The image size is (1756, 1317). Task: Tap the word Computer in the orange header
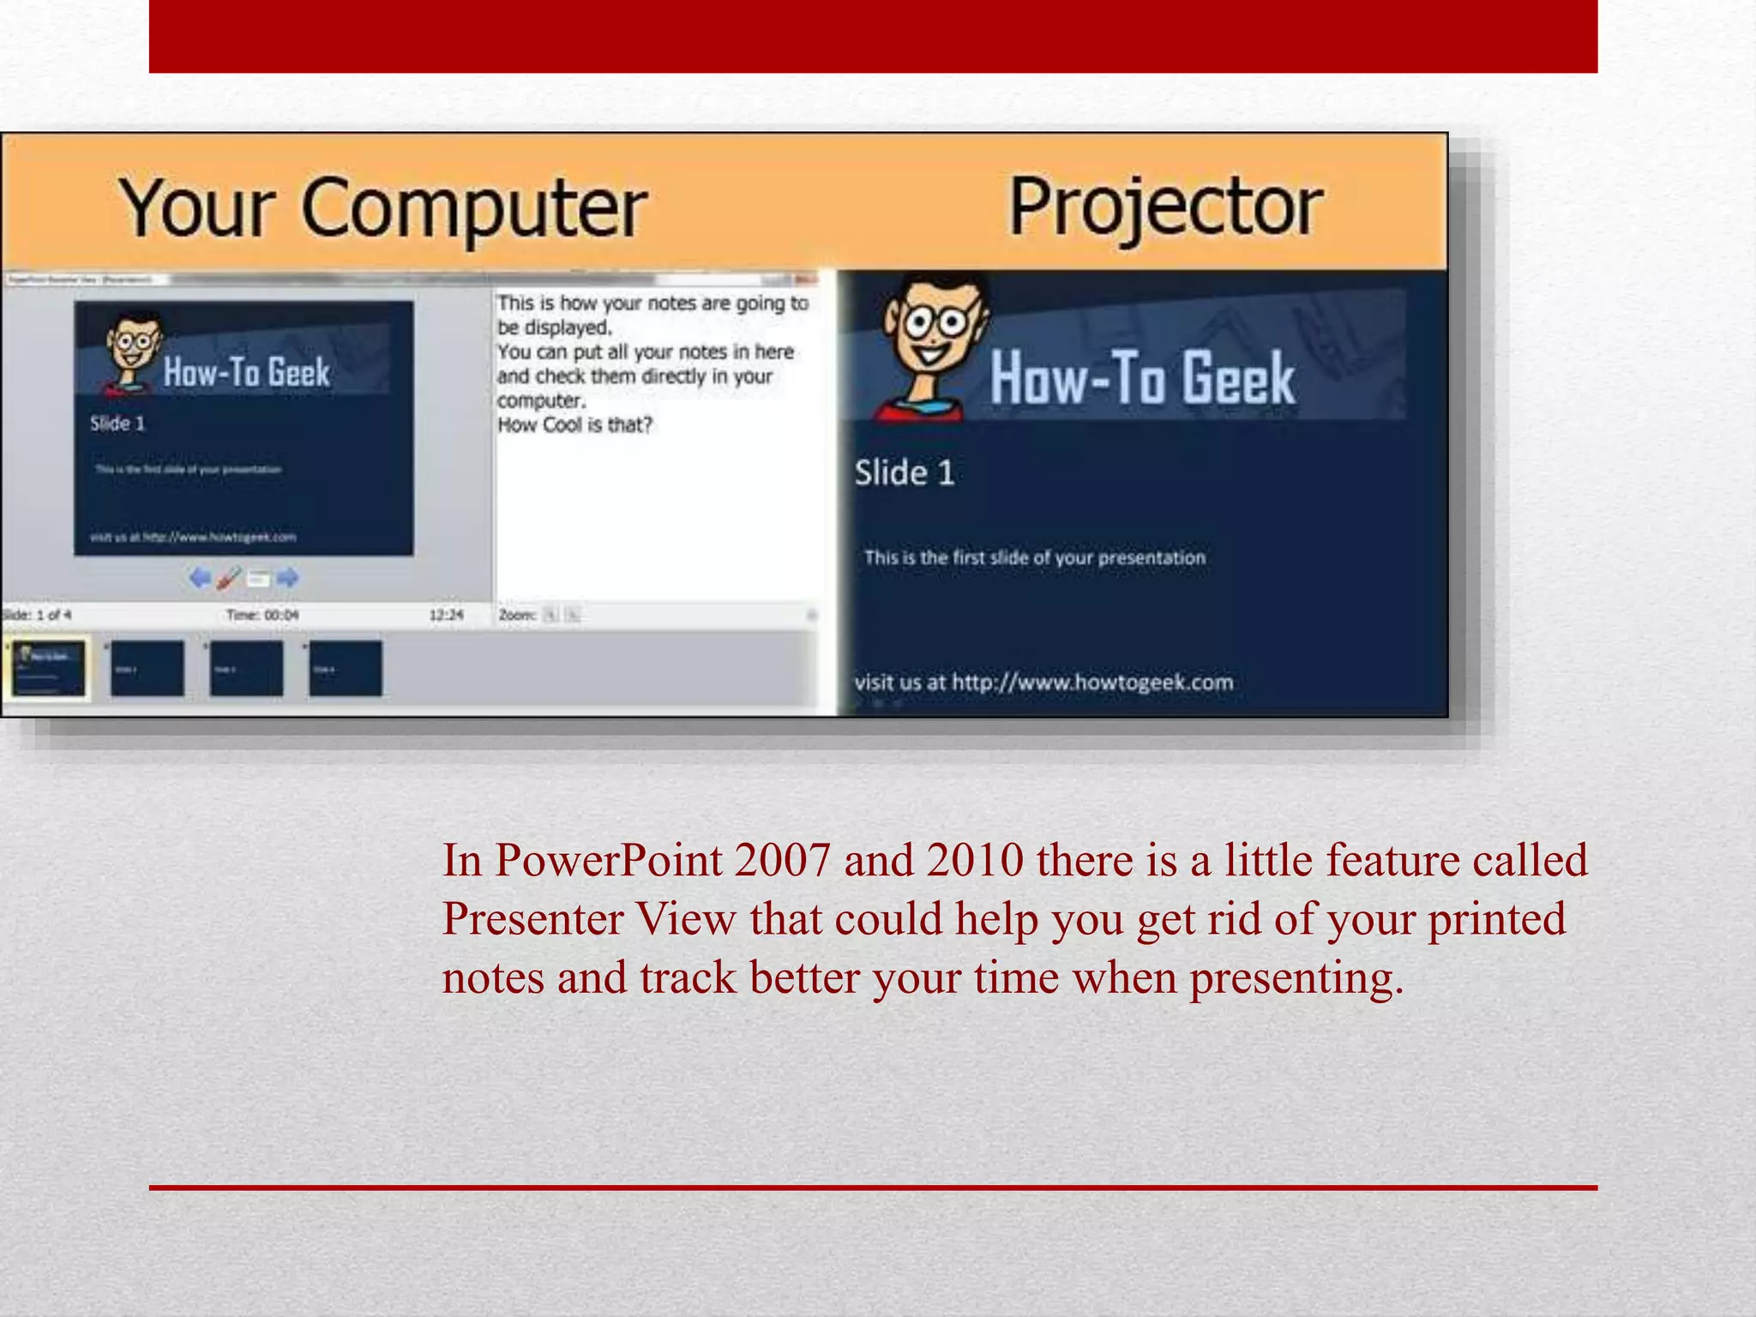coord(474,209)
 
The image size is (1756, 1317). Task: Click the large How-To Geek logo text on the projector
coord(1141,378)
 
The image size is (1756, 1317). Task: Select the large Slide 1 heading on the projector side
coord(904,473)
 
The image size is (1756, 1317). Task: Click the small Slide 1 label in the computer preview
coord(117,424)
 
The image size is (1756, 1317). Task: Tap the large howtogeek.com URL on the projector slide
coord(1092,683)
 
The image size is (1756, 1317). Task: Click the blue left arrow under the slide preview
coord(200,578)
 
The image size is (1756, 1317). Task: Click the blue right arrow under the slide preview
coord(288,578)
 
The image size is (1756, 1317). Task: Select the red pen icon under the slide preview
coord(229,578)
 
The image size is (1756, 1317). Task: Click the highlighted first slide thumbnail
coord(49,668)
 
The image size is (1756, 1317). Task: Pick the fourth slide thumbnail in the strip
coord(346,668)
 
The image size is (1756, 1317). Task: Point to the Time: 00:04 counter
coord(262,615)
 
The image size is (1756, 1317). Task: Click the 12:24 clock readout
coord(446,615)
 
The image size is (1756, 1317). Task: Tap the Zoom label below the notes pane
coord(517,615)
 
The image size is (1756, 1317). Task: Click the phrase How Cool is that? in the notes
coord(574,425)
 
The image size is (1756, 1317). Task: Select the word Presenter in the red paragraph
coord(532,919)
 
